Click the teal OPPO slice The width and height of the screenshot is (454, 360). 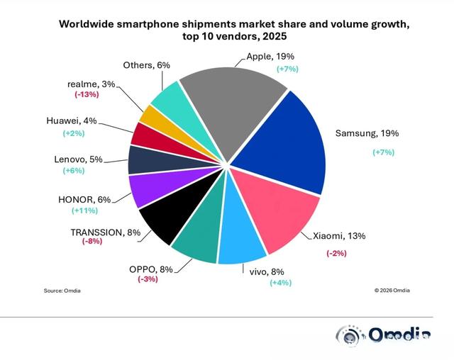point(198,244)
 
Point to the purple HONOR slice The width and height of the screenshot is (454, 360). point(148,190)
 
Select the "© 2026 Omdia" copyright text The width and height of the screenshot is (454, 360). point(392,291)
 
